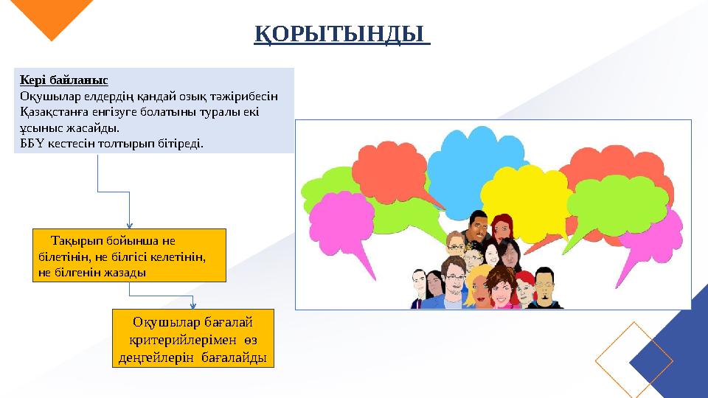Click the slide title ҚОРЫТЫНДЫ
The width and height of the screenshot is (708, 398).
pyautogui.click(x=342, y=35)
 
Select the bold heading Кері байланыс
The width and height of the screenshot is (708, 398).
pyautogui.click(x=64, y=79)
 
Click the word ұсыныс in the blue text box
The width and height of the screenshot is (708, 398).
pyautogui.click(x=41, y=127)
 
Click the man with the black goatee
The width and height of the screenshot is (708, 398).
pyautogui.click(x=544, y=286)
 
